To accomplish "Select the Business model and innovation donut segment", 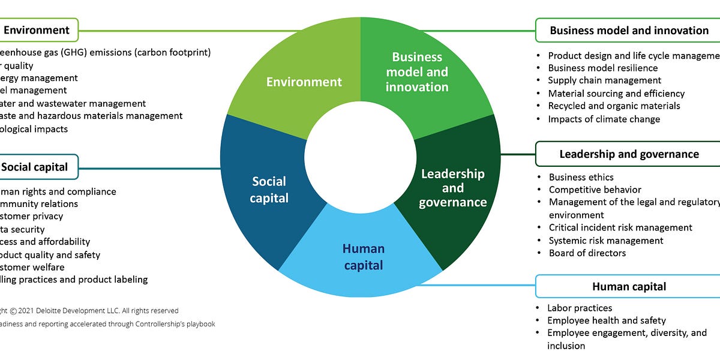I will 416,72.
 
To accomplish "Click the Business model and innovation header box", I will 629,30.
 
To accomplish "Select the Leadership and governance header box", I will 629,154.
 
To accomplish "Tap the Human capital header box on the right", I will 629,287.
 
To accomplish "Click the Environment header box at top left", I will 38,29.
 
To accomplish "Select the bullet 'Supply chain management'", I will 604,80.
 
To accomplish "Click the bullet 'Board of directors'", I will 587,253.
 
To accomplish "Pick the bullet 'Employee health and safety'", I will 606,320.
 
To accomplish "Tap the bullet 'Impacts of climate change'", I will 604,119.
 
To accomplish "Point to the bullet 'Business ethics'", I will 581,177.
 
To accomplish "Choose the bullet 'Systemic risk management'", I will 605,241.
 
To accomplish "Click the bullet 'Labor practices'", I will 580,308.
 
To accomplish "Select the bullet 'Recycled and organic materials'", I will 614,106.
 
